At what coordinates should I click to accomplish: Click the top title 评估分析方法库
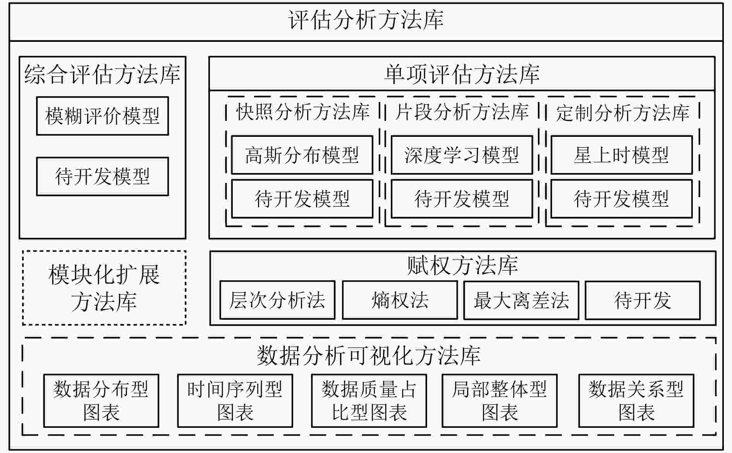pyautogui.click(x=366, y=20)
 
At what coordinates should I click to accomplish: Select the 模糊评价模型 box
pyautogui.click(x=103, y=116)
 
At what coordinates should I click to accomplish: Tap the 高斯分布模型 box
pyautogui.click(x=302, y=155)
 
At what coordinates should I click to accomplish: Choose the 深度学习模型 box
pyautogui.click(x=462, y=155)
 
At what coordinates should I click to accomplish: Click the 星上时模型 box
pyautogui.click(x=622, y=155)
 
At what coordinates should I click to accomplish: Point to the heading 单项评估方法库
pyautogui.click(x=462, y=74)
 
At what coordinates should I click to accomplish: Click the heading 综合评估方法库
pyautogui.click(x=102, y=74)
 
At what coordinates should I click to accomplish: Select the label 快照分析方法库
pyautogui.click(x=303, y=112)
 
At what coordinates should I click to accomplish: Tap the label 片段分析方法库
pyautogui.click(x=462, y=112)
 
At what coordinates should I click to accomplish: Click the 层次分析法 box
pyautogui.click(x=277, y=300)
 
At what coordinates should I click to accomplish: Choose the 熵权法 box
pyautogui.click(x=400, y=300)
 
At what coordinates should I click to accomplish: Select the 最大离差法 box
pyautogui.click(x=521, y=300)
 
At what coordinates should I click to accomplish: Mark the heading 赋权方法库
pyautogui.click(x=462, y=266)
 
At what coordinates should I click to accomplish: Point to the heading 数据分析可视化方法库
pyautogui.click(x=369, y=355)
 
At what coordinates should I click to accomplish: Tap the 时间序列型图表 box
pyautogui.click(x=235, y=401)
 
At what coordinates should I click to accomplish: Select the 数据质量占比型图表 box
pyautogui.click(x=369, y=401)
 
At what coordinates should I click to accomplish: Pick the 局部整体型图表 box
pyautogui.click(x=500, y=401)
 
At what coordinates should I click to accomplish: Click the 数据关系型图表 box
pyautogui.click(x=636, y=401)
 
